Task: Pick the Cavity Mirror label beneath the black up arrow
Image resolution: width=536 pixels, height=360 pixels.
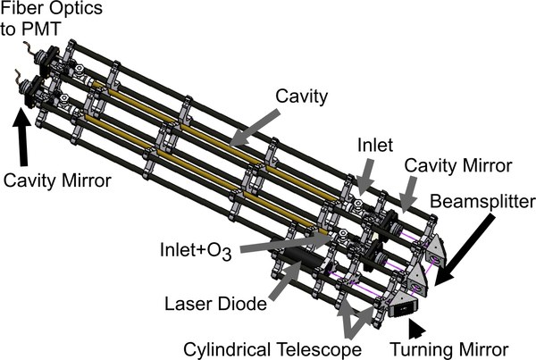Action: [x=56, y=180]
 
